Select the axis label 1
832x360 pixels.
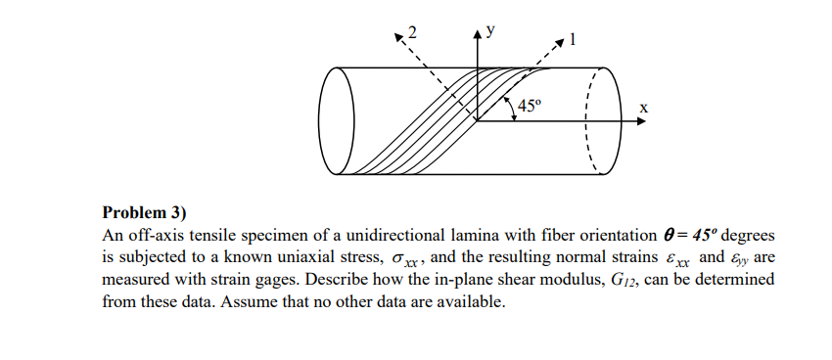pos(574,41)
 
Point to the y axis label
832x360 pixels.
pos(490,27)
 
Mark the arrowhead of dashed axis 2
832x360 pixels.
pos(398,37)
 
